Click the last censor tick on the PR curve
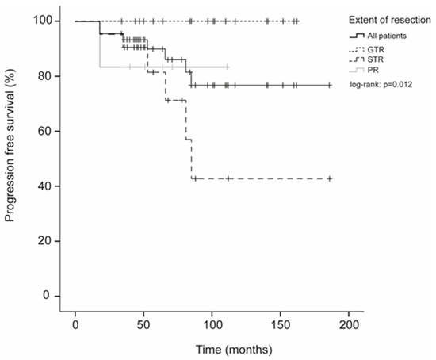[x=228, y=67]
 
